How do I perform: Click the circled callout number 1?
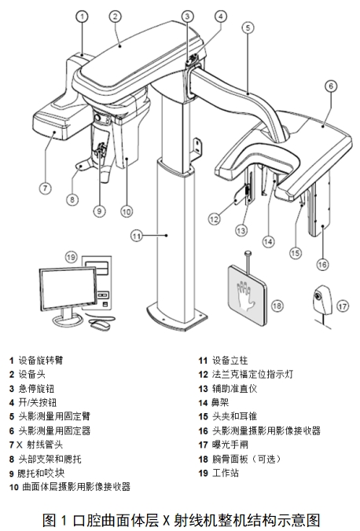(83, 15)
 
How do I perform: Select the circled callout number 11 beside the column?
(136, 234)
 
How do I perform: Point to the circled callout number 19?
(72, 256)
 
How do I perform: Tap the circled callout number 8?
(72, 200)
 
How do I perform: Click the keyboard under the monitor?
(71, 324)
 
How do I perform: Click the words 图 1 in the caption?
(54, 519)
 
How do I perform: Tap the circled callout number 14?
(269, 241)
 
